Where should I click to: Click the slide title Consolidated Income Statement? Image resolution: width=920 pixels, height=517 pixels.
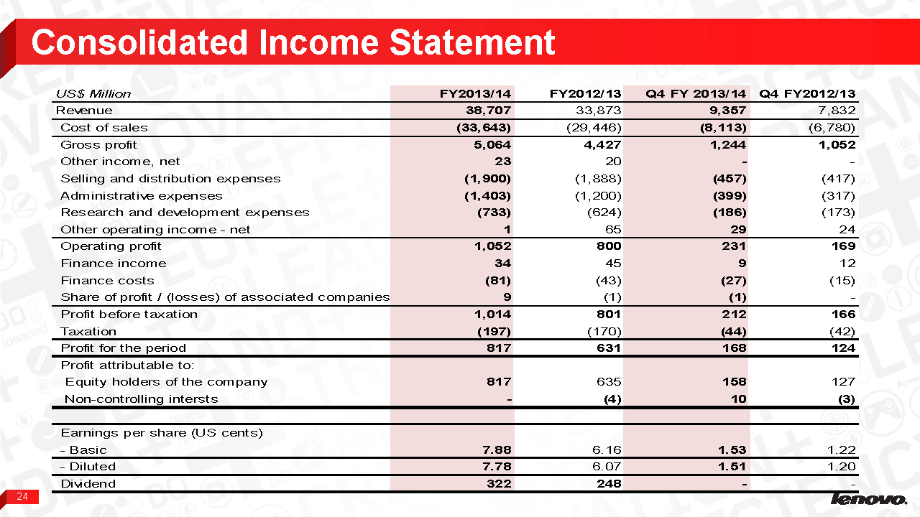point(293,42)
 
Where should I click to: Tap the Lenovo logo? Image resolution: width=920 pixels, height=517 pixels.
point(868,499)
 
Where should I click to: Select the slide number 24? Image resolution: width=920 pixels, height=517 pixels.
point(23,497)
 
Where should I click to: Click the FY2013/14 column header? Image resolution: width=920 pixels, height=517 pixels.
point(475,93)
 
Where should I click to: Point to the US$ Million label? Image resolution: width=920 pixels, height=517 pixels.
point(93,93)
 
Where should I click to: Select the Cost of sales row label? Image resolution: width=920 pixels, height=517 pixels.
point(104,128)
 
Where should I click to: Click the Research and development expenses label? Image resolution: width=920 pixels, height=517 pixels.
point(185,213)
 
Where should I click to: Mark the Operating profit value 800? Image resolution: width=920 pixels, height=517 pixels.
point(608,246)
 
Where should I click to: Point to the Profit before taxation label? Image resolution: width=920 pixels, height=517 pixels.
point(129,315)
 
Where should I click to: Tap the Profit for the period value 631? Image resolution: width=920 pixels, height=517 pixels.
point(608,348)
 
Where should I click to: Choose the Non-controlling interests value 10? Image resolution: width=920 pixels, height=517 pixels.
point(738,399)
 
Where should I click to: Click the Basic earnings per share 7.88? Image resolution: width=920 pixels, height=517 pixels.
point(497,450)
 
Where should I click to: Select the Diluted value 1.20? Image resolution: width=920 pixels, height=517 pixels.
point(840,467)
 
